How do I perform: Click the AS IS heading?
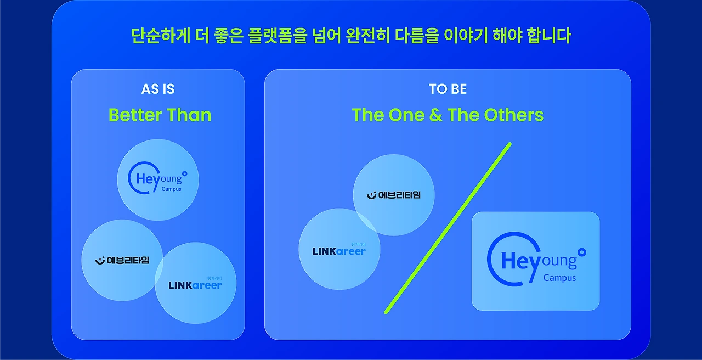coord(157,89)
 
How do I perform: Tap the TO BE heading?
coord(448,89)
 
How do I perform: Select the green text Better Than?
coord(160,115)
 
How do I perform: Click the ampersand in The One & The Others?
coord(436,115)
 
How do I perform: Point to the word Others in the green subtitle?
coord(514,115)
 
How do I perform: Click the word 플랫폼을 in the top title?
coord(277,36)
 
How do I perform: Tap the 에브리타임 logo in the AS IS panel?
coord(122,260)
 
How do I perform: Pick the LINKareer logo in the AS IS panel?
coord(195,283)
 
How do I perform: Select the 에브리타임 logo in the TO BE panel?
coord(394,195)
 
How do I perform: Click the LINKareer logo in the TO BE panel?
coord(339,249)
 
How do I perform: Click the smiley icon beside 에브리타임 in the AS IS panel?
coord(100,261)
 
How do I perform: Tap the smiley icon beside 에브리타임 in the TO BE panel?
coord(371,195)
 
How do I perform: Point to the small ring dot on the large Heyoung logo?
coord(582,252)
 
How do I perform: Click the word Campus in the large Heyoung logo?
coord(559,278)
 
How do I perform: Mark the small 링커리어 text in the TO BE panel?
coord(358,244)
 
